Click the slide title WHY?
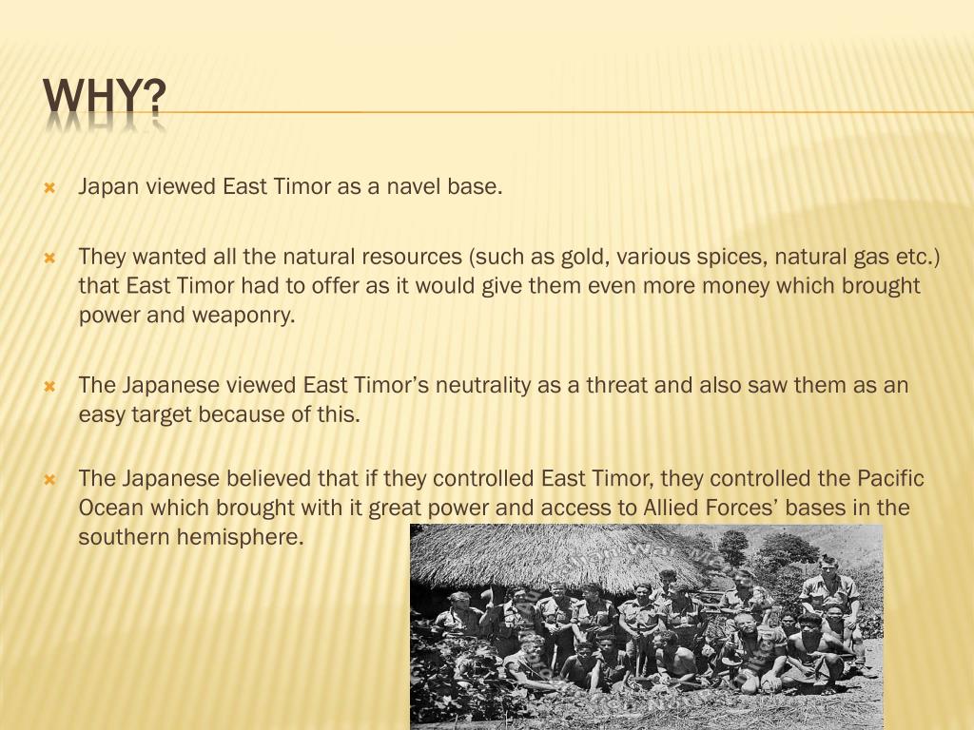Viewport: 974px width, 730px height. [x=105, y=97]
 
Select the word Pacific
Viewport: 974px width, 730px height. [x=890, y=478]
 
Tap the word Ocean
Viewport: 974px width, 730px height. [x=110, y=508]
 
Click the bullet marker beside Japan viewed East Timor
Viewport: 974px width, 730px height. [x=50, y=187]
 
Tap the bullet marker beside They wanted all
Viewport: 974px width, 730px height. [x=50, y=258]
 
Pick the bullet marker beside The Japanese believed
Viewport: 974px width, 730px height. [x=50, y=479]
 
